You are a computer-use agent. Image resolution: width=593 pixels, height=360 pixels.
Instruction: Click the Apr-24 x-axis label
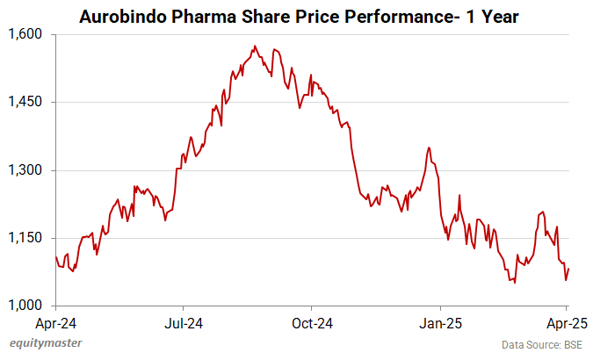coord(55,322)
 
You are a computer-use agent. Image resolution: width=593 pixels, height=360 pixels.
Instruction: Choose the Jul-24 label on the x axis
coord(184,322)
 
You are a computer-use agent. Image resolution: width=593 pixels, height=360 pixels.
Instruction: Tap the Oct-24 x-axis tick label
coord(312,322)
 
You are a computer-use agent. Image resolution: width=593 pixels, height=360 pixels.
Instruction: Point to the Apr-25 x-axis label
coord(567,322)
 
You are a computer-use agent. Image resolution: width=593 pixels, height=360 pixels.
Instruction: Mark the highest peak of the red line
coord(254,46)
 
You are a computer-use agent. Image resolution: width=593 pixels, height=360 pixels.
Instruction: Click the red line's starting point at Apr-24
coord(55,256)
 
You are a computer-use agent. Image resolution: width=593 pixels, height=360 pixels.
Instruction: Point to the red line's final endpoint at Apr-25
coord(568,269)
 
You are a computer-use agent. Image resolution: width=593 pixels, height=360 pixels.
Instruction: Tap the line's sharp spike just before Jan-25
coord(428,148)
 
